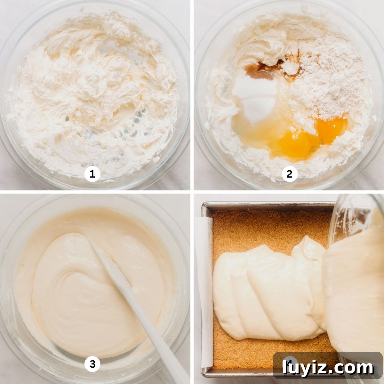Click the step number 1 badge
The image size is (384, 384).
click(x=92, y=174)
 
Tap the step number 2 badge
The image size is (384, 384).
click(x=289, y=174)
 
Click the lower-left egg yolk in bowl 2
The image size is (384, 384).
click(x=296, y=144)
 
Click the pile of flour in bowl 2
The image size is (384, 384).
click(x=327, y=80)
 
